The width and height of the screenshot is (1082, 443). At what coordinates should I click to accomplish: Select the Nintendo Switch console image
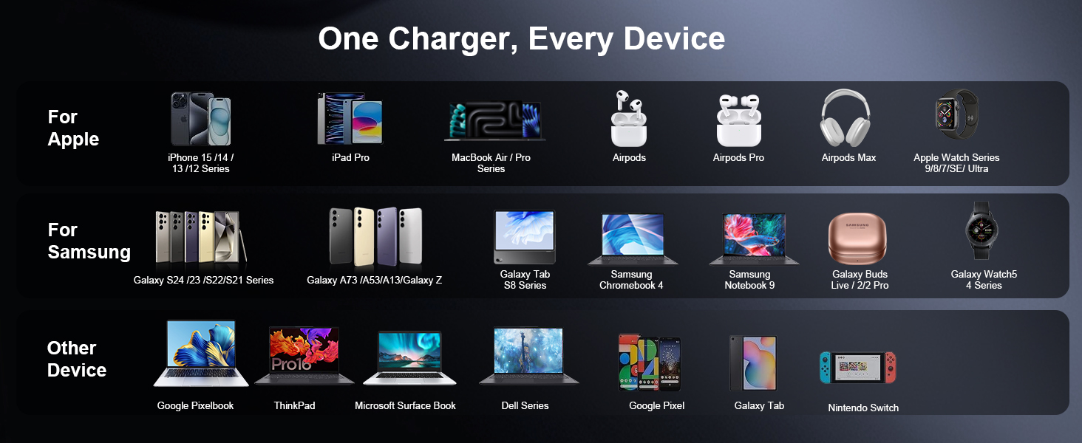(857, 367)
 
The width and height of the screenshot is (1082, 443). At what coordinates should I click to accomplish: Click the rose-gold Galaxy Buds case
(857, 238)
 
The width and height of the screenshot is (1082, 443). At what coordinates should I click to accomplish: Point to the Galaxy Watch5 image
(981, 230)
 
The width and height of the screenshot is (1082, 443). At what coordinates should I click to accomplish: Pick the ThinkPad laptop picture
(304, 356)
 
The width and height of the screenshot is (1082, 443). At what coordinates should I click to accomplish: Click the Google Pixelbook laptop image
(201, 354)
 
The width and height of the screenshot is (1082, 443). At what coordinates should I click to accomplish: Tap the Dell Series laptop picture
(528, 356)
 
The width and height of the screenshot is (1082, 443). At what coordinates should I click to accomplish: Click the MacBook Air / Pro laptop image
(494, 120)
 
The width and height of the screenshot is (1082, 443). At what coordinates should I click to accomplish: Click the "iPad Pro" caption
(350, 157)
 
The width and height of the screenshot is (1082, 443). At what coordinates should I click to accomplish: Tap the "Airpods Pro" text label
(738, 157)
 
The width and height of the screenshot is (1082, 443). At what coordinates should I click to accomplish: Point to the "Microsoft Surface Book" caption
(405, 405)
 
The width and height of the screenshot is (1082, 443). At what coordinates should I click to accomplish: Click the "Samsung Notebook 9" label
(749, 280)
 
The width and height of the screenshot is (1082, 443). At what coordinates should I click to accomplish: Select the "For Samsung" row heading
(89, 241)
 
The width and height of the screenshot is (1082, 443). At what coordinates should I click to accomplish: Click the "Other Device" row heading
(76, 359)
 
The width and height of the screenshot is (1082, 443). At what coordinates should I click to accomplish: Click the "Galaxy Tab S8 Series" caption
(525, 280)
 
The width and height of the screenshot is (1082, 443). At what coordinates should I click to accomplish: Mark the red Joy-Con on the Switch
(891, 367)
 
